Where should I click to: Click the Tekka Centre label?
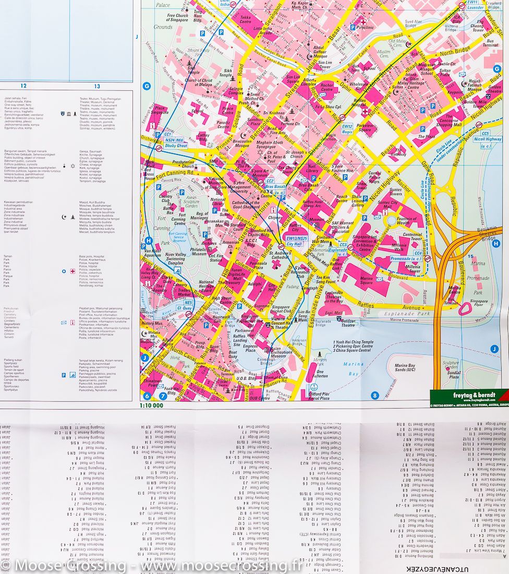coord(246,20)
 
